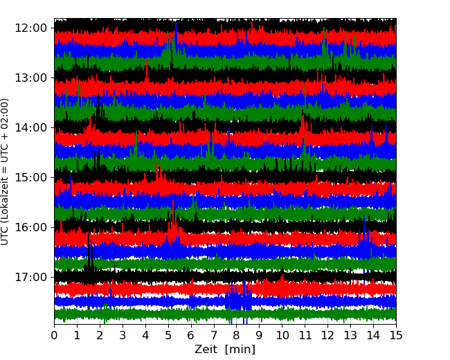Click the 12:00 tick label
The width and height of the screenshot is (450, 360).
31,28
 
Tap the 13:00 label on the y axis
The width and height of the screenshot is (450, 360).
31,78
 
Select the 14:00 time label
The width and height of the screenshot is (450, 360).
31,128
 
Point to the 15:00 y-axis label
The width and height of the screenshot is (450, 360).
31,177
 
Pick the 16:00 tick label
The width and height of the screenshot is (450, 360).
31,227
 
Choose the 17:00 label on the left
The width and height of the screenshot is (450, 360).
31,278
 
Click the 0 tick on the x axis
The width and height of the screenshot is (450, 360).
54,335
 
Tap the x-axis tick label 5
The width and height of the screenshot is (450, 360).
168,335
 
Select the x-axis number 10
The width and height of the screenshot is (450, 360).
282,335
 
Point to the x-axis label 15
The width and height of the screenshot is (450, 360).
396,335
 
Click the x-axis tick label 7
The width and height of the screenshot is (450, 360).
214,335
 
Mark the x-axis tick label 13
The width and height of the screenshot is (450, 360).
350,335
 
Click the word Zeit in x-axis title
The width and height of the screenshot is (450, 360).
206,350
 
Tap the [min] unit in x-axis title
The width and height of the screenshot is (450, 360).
240,350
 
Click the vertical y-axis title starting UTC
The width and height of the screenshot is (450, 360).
4,172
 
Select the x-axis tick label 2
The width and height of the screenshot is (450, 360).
100,335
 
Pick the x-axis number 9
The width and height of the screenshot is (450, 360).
260,335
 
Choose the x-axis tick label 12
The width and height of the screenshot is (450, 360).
327,335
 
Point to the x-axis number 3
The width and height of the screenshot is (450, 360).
123,335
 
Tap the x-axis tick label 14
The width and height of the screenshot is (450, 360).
373,335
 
